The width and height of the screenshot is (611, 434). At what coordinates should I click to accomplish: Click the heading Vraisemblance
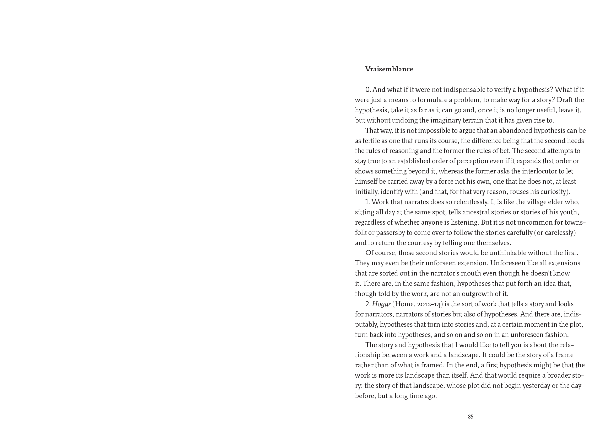pos(389,69)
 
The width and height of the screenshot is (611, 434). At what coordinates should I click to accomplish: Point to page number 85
pos(471,417)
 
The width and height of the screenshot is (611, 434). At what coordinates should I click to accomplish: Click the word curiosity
pos(553,192)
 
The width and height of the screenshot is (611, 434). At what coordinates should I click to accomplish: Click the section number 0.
pos(367,89)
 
